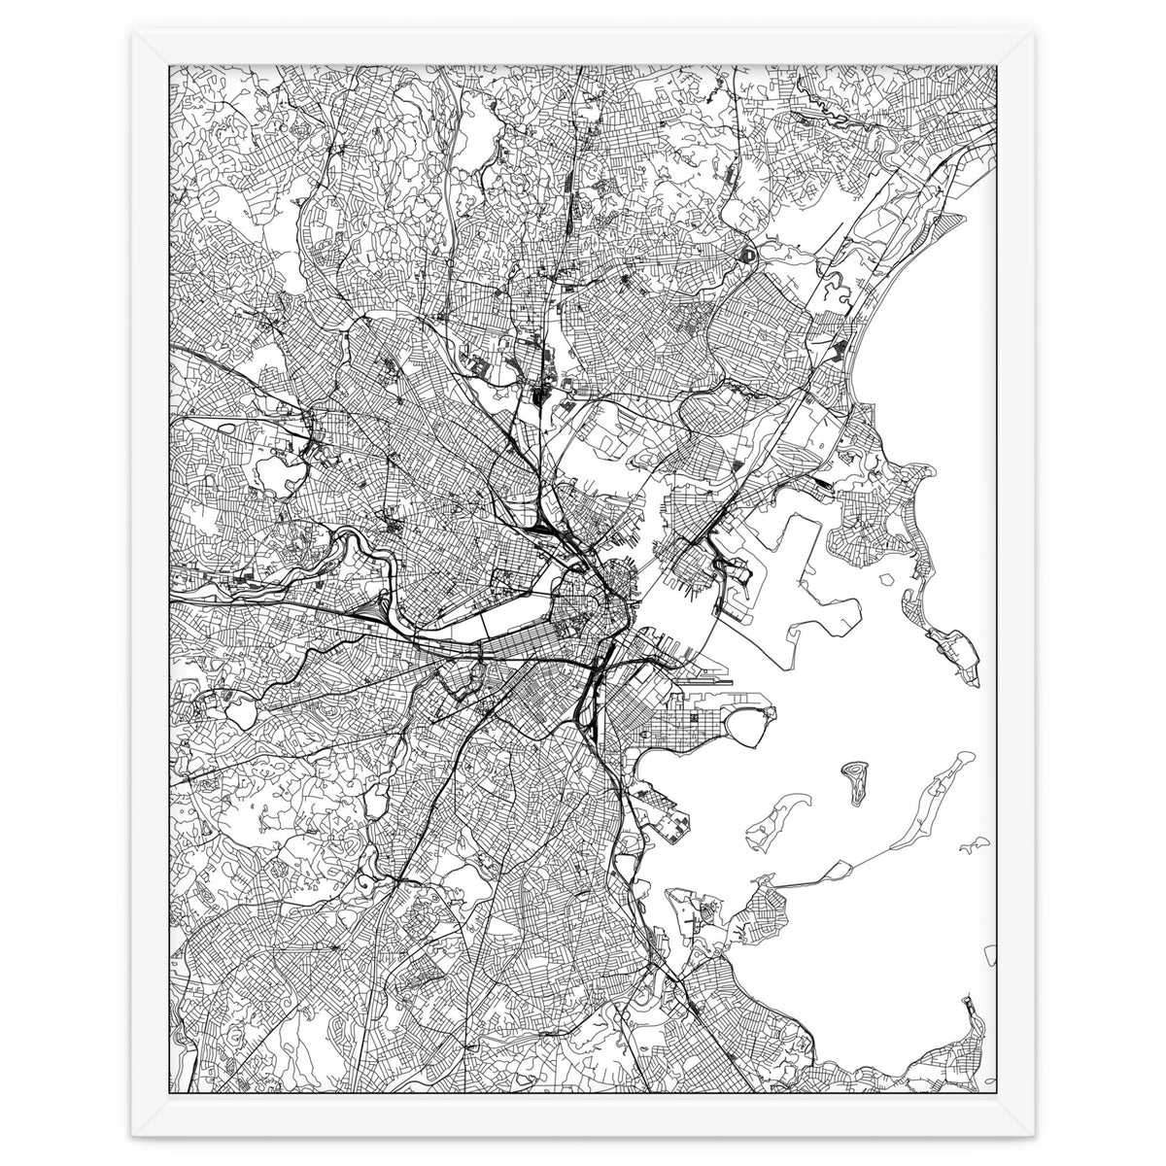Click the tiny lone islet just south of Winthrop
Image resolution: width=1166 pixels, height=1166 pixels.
886,579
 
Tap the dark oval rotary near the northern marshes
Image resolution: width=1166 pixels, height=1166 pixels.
748,256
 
